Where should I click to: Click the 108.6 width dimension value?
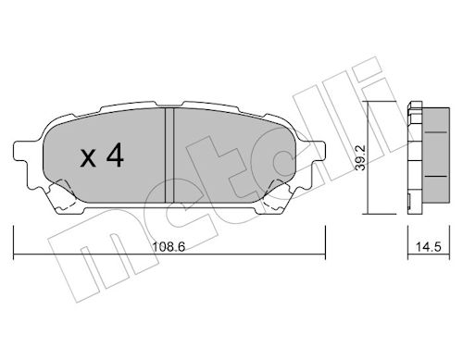[169, 247]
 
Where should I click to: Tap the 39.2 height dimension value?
[360, 157]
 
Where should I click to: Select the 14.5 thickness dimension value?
[429, 247]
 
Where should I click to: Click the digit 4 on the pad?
[115, 156]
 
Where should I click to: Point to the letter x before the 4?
[88, 159]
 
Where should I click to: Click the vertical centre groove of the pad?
[169, 155]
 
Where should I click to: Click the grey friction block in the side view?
[435, 155]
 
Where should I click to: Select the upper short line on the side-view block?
[436, 132]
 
